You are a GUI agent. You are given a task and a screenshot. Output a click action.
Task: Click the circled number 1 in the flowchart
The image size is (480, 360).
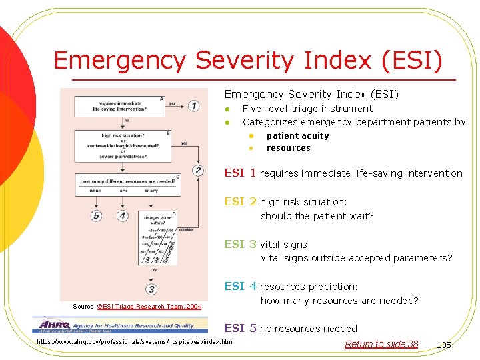point(193,105)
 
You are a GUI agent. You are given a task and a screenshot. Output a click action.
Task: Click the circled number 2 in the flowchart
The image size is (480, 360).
point(198,170)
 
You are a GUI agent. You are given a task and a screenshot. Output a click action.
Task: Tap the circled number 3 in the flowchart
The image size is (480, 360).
point(151,289)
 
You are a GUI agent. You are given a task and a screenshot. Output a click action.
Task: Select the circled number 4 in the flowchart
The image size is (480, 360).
point(122,215)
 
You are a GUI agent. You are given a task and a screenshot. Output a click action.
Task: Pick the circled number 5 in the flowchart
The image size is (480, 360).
point(97,215)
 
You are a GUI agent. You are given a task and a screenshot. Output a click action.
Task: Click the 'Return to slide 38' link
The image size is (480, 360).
point(381,344)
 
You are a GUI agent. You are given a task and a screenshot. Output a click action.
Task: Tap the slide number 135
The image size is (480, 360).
point(443,345)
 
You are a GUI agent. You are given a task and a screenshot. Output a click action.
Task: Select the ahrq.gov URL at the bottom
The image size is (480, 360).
point(135,342)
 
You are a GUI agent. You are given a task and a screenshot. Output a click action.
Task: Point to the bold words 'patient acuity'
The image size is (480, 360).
point(297,135)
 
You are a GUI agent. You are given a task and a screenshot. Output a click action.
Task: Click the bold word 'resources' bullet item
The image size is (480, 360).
point(288,148)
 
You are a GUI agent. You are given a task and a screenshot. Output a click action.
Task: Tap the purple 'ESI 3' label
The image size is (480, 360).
point(240,244)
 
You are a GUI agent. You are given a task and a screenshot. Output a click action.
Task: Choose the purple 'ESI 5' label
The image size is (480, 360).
point(240,328)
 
